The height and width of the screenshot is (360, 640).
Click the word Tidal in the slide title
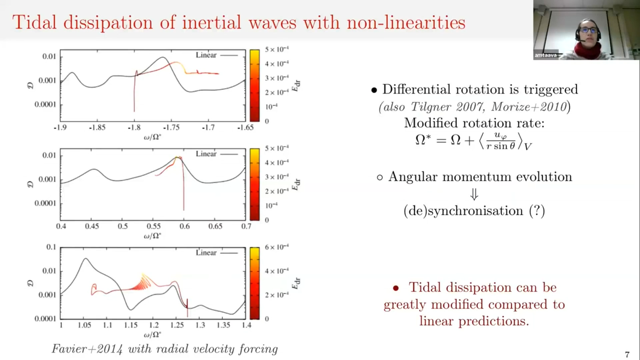click(x=34, y=23)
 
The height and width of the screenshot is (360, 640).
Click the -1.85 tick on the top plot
click(x=97, y=127)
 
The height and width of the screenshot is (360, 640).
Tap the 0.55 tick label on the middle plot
click(x=154, y=226)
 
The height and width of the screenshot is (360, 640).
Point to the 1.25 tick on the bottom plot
click(x=177, y=325)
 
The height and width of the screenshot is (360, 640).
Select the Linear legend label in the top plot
click(x=206, y=55)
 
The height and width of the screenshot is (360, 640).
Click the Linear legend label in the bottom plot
click(x=206, y=253)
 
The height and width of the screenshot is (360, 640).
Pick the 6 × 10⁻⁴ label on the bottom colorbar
click(x=277, y=247)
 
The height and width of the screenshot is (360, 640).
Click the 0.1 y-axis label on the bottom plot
click(x=51, y=247)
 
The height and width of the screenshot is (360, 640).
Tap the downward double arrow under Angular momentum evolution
click(x=474, y=194)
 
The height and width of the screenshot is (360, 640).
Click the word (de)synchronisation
click(x=463, y=211)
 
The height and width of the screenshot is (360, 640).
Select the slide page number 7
click(x=627, y=354)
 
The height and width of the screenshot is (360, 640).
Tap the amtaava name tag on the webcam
click(x=545, y=55)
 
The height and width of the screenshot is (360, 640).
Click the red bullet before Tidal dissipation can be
click(x=396, y=288)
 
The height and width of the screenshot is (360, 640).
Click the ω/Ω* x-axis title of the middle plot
click(x=152, y=236)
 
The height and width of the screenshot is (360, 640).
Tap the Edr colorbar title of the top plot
click(x=296, y=86)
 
